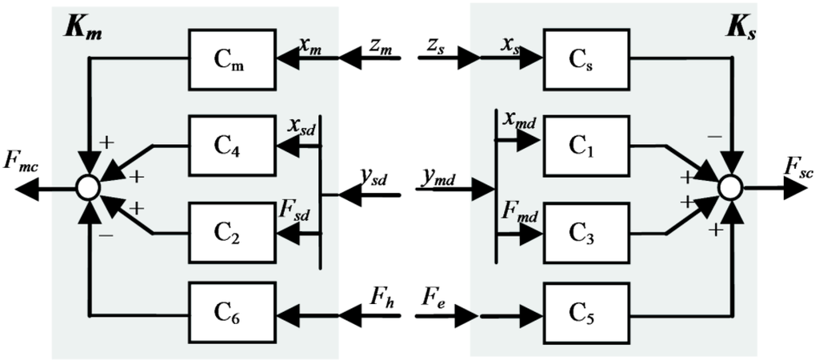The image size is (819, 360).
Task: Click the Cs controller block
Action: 581,58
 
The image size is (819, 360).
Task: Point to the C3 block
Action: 581,232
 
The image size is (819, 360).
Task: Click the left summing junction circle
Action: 87,188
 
